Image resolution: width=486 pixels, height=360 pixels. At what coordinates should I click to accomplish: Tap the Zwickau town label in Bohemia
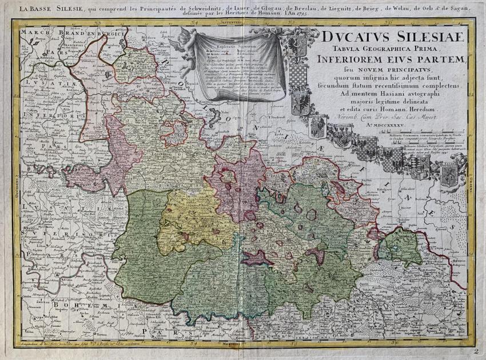(43, 299)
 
